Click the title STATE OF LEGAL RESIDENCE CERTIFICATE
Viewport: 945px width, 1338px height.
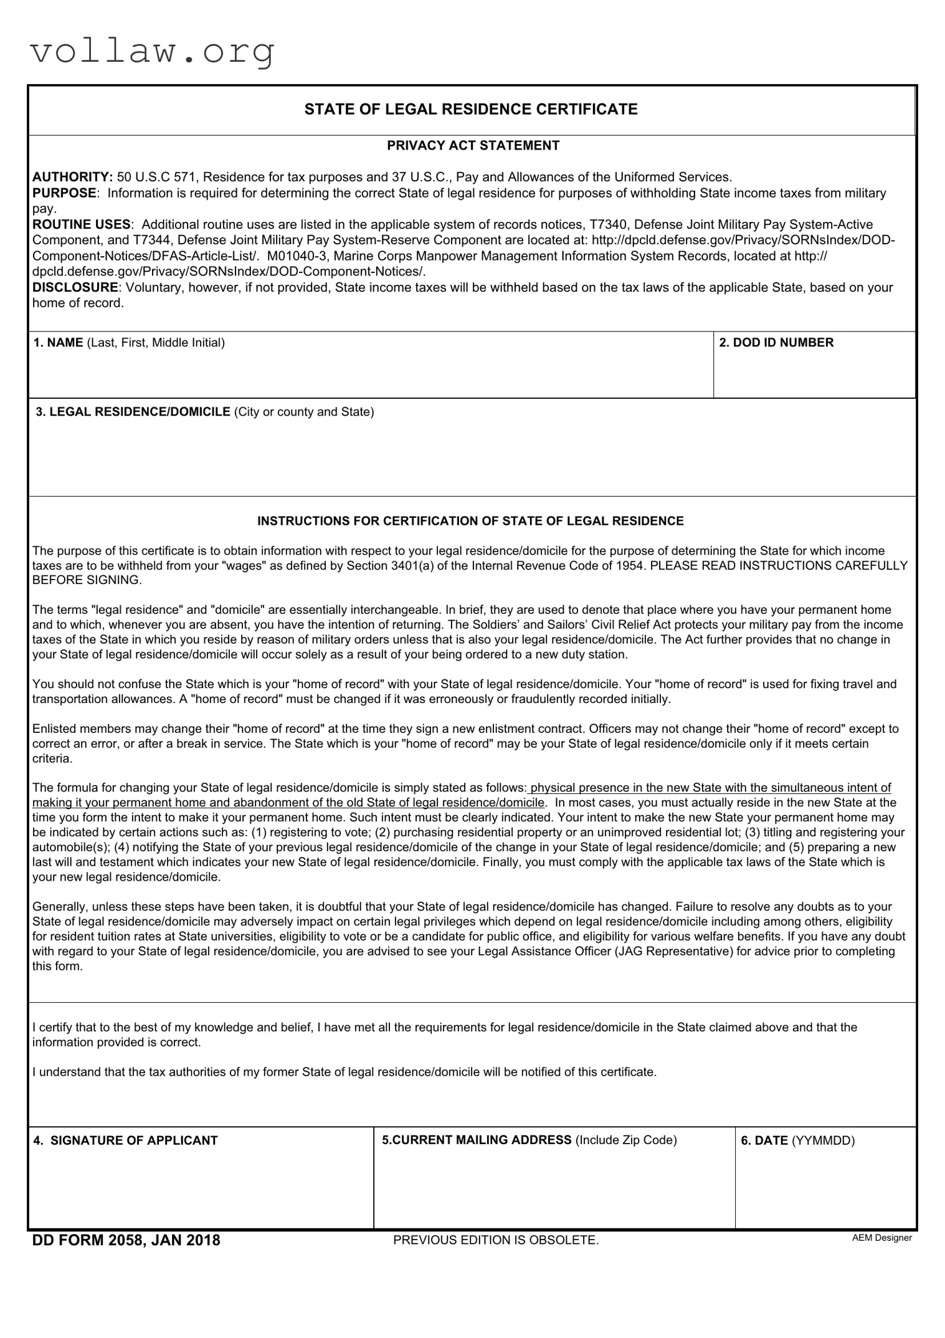coord(471,110)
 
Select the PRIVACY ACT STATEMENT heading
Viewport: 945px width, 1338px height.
coord(473,146)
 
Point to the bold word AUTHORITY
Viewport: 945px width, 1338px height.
coord(72,178)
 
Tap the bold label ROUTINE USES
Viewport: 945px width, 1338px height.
coord(82,224)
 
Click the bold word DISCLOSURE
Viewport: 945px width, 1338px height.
coord(75,287)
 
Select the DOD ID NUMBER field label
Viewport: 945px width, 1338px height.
coord(776,343)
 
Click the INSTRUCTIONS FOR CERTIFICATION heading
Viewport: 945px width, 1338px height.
coord(470,521)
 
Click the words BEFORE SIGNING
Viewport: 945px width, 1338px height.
coord(87,580)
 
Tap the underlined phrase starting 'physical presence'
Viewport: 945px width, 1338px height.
coord(710,788)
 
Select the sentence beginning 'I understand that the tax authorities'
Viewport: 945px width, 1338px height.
coord(344,1072)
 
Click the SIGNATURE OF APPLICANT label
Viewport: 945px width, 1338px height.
coord(125,1140)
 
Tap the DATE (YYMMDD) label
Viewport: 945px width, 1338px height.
coord(797,1140)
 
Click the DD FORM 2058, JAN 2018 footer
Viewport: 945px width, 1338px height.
coord(126,1240)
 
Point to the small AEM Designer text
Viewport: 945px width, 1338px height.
coord(881,1238)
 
